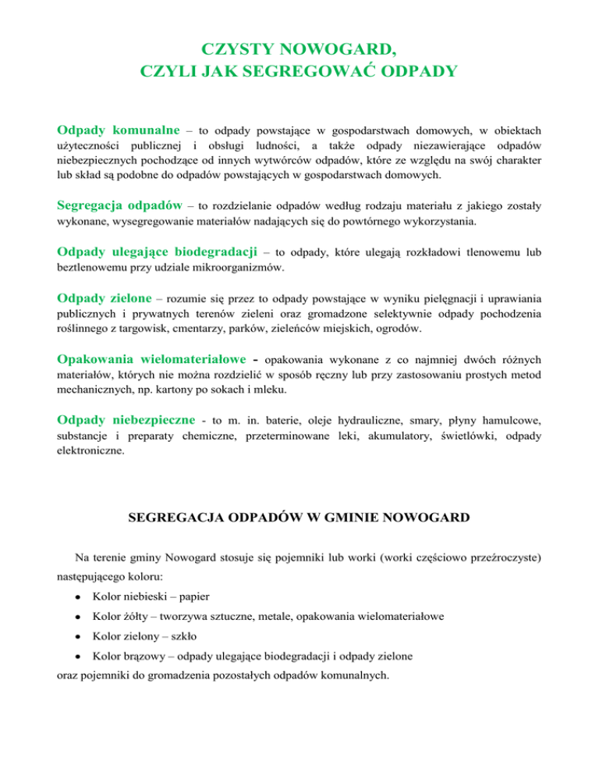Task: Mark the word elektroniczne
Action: pyautogui.click(x=90, y=450)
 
